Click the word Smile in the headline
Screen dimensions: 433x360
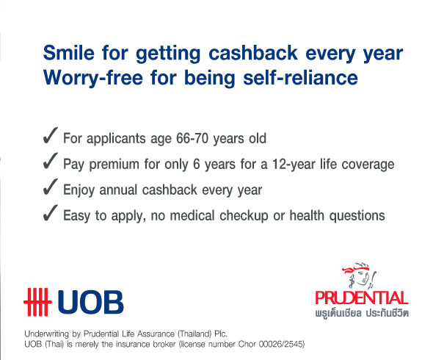coord(69,53)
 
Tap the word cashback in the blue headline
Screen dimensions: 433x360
coord(253,53)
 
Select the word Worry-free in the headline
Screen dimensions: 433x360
coord(93,78)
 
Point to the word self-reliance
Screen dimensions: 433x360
coord(300,77)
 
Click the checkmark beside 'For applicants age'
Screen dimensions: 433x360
coord(50,135)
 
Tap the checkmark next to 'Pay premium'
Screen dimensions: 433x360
coord(50,161)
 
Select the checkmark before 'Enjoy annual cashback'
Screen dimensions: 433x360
coord(50,187)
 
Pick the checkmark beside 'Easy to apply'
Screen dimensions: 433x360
coord(50,213)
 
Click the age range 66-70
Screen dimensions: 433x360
coord(192,138)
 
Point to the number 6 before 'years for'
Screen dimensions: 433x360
coord(197,164)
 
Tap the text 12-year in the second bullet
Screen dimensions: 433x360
coord(294,165)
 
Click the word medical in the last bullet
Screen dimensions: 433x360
coord(192,215)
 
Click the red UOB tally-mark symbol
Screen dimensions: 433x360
coord(37,302)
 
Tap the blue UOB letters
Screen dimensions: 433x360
coord(90,302)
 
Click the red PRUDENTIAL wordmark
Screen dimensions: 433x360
coord(362,298)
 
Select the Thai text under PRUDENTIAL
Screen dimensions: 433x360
coord(362,313)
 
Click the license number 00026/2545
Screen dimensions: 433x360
coord(281,345)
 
